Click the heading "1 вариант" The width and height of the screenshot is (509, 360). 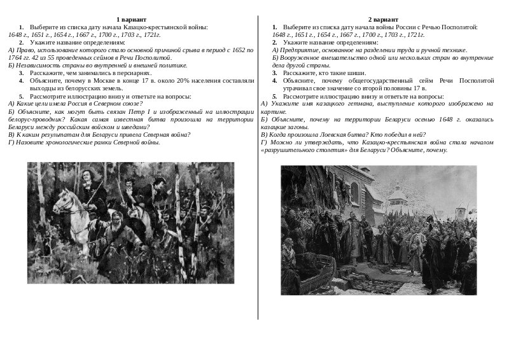point(132,20)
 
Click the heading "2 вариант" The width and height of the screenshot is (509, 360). point(383,20)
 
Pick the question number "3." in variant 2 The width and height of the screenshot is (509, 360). point(275,73)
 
